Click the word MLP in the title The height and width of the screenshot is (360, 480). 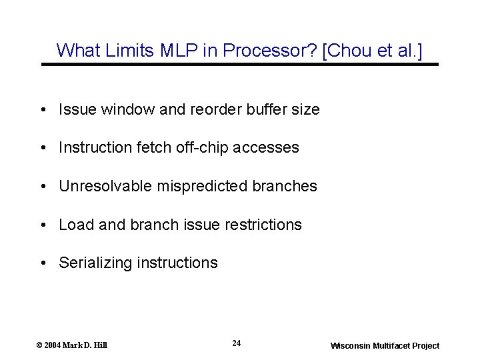(x=165, y=50)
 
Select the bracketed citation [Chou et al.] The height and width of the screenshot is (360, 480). (x=372, y=50)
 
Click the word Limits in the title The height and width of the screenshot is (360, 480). (x=124, y=50)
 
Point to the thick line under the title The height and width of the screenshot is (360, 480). (x=240, y=65)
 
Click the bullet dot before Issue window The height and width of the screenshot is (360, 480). (x=43, y=109)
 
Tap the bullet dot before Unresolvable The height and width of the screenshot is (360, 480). (x=43, y=187)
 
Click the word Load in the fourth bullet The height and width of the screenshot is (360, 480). (x=74, y=225)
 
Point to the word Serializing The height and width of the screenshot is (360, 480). (x=95, y=263)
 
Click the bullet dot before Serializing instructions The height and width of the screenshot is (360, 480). (x=43, y=263)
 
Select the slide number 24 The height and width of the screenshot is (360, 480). (x=237, y=343)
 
